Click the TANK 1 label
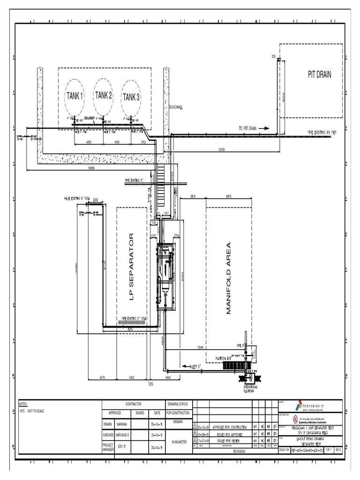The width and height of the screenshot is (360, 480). [x=74, y=96]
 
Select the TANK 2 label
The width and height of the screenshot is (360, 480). [x=104, y=96]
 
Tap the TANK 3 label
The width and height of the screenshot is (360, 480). [x=131, y=97]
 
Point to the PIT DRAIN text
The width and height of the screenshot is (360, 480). [x=319, y=75]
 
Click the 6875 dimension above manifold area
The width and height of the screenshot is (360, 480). [x=229, y=195]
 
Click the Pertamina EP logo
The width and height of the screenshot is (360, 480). [x=311, y=406]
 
